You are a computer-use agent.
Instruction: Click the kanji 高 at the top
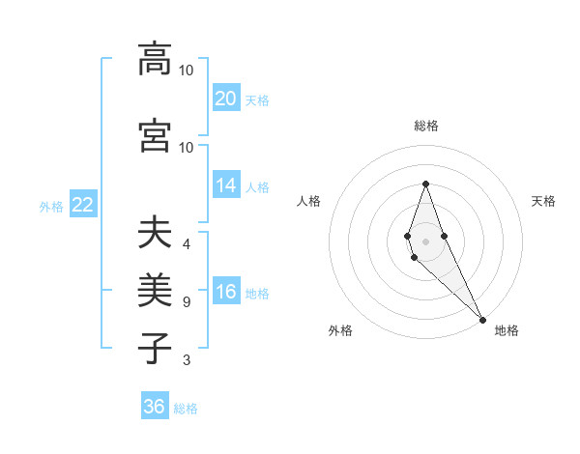[x=155, y=59]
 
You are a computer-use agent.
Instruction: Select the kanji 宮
[x=155, y=135]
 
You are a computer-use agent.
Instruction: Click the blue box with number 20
[x=225, y=98]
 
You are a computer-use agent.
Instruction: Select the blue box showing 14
[x=225, y=185]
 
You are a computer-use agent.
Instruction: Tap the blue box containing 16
[x=225, y=292]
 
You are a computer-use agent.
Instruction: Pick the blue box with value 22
[x=82, y=205]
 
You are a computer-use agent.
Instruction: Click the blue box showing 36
[x=155, y=407]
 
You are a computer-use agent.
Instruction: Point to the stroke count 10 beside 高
[x=187, y=71]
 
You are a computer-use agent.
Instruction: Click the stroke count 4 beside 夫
[x=187, y=243]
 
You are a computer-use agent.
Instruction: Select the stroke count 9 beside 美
[x=187, y=302]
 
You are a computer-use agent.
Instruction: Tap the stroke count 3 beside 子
[x=187, y=360]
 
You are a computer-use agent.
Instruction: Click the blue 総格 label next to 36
[x=186, y=409]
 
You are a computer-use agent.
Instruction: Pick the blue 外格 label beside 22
[x=51, y=206]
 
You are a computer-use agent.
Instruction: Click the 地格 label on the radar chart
[x=507, y=330]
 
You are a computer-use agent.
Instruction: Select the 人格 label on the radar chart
[x=309, y=201]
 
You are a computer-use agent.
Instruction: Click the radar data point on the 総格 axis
[x=425, y=184]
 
